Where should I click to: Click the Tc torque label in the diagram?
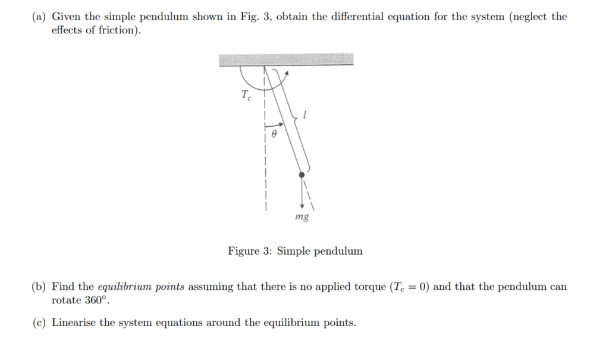pyautogui.click(x=246, y=95)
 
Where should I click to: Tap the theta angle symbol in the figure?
pyautogui.click(x=273, y=136)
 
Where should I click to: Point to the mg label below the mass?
pyautogui.click(x=302, y=217)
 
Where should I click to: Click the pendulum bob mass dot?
pyautogui.click(x=302, y=175)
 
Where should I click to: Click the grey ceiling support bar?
pyautogui.click(x=286, y=60)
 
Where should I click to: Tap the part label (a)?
pyautogui.click(x=39, y=17)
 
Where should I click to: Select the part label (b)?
pyautogui.click(x=39, y=287)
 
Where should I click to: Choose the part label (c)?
pyautogui.click(x=39, y=323)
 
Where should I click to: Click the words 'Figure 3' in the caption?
pyautogui.click(x=250, y=251)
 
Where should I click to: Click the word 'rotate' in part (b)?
pyautogui.click(x=67, y=300)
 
